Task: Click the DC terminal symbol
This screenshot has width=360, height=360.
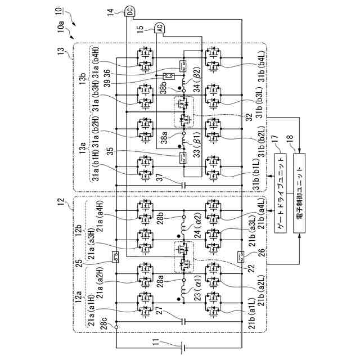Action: click(129, 10)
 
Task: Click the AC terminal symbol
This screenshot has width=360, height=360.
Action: click(159, 28)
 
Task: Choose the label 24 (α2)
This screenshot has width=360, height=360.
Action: click(197, 235)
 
